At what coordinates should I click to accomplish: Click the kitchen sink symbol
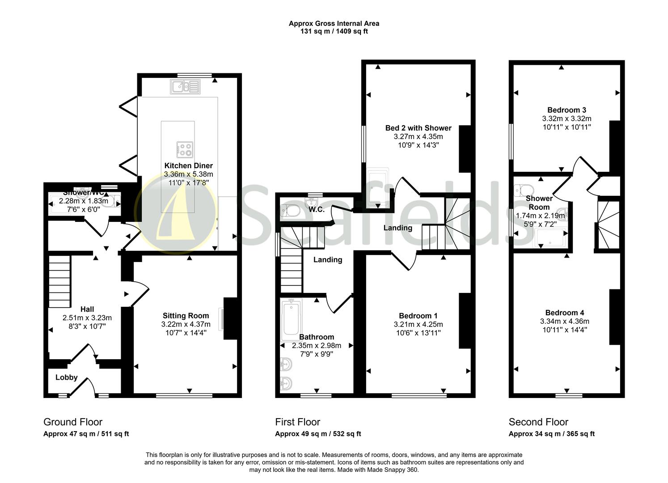tap(185, 86)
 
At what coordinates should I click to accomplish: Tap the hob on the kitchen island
tap(185, 149)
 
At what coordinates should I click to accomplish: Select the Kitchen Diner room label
tap(189, 165)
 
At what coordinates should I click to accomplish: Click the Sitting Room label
tap(186, 316)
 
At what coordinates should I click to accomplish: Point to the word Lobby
tap(67, 377)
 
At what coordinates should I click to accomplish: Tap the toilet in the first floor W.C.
tap(290, 211)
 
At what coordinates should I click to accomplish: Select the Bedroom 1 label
tap(419, 316)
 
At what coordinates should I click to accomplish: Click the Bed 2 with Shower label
tap(419, 128)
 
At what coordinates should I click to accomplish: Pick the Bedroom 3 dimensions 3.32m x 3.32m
tap(567, 119)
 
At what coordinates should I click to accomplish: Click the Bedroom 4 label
tap(565, 313)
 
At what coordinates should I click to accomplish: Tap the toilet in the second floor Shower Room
tap(524, 190)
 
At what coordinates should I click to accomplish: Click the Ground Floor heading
tap(73, 422)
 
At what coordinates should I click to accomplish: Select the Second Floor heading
tap(539, 422)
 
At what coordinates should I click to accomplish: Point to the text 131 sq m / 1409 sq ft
tap(334, 31)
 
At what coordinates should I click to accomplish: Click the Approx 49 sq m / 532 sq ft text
tap(318, 434)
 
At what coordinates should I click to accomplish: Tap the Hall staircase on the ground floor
tap(59, 281)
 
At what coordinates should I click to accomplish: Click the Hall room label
tap(87, 309)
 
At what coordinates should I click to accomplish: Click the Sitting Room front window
tap(184, 396)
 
